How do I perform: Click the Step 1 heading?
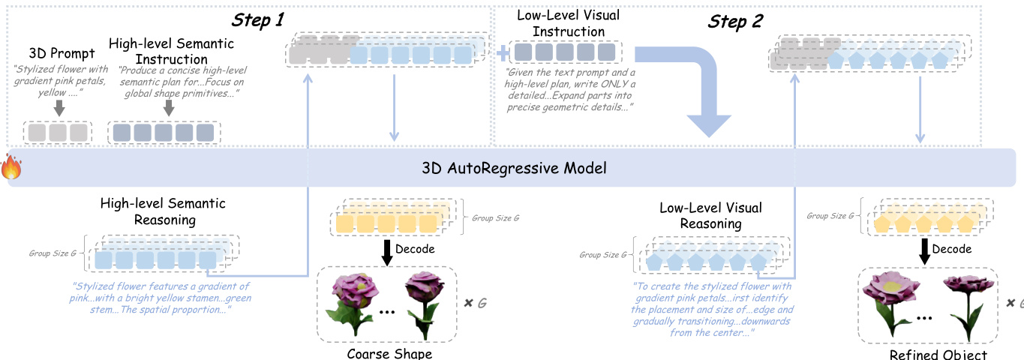click(x=257, y=20)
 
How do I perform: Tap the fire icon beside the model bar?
click(x=11, y=167)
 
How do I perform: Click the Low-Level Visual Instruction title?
click(x=561, y=23)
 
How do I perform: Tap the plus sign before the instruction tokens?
click(x=502, y=52)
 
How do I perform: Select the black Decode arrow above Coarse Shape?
click(x=387, y=250)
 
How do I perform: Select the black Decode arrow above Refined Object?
click(x=924, y=250)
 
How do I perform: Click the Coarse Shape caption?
click(x=389, y=353)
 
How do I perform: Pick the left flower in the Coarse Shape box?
click(x=347, y=301)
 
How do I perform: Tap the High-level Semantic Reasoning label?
click(x=163, y=211)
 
